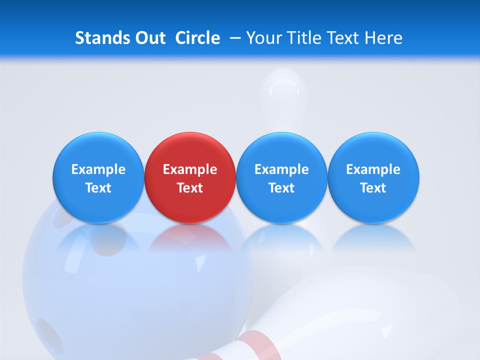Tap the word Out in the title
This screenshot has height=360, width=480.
[x=149, y=38]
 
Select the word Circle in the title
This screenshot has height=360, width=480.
[x=197, y=38]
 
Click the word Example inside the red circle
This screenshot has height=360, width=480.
[x=190, y=169]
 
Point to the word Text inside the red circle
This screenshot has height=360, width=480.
[x=190, y=188]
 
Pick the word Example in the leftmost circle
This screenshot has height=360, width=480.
[x=98, y=169]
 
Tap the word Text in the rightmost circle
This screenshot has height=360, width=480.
[x=373, y=188]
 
